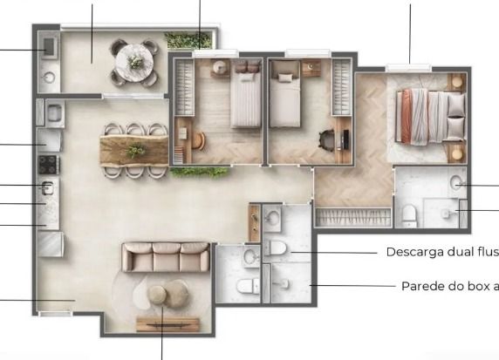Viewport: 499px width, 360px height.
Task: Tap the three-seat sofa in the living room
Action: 166,257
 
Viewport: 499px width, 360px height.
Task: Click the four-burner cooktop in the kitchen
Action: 49,165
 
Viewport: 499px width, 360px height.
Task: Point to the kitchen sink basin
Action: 47,187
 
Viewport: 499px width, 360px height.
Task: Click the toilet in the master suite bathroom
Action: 409,215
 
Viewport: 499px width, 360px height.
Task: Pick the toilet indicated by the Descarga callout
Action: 276,248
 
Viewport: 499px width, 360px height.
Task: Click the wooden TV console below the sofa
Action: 168,324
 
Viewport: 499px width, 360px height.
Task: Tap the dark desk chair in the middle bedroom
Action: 326,140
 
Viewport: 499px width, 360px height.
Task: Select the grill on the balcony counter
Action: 49,47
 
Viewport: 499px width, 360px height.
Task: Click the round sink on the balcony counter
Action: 50,77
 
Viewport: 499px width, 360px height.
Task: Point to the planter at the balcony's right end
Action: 188,40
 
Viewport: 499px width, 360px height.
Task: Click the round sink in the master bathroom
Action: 456,182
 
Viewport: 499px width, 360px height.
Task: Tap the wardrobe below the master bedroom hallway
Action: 353,218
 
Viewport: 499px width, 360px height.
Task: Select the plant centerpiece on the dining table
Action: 136,151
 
